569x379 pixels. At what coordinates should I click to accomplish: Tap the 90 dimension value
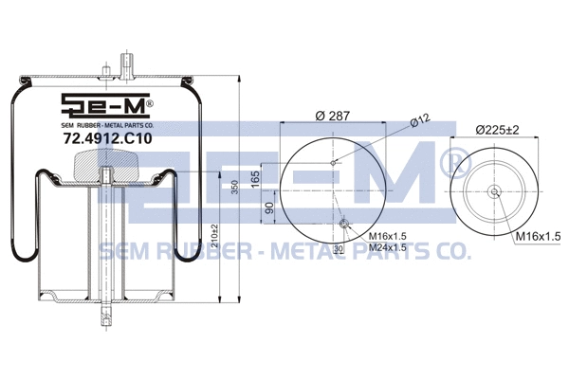point(270,208)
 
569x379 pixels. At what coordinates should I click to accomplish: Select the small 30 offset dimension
point(338,248)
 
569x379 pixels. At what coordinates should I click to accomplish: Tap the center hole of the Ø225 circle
point(496,190)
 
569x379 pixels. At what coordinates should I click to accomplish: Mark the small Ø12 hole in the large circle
point(332,162)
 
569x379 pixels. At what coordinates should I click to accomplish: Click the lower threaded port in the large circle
point(343,223)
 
